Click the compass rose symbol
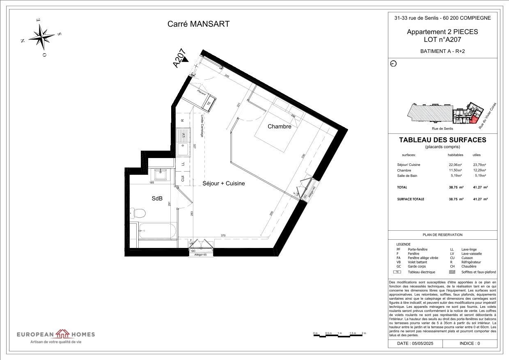click(41, 37)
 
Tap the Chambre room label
click(279, 126)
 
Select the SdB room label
click(157, 199)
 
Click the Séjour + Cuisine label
click(224, 183)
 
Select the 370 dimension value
click(223, 236)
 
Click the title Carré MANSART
click(198, 24)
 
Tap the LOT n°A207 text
click(442, 40)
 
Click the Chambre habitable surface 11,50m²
click(455, 170)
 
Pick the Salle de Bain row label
click(407, 176)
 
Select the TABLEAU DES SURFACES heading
click(443, 140)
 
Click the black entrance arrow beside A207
click(186, 60)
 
